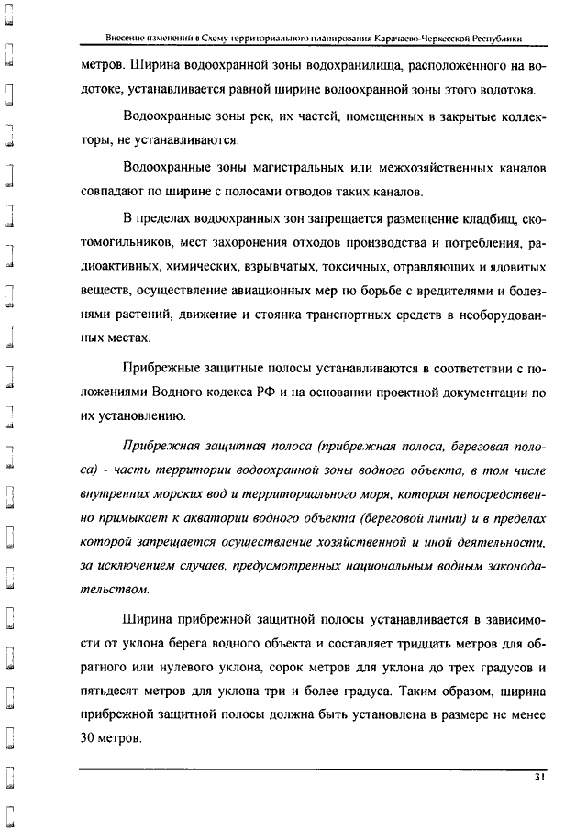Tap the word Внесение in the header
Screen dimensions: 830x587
[126, 39]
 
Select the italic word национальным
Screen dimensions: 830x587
[370, 567]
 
